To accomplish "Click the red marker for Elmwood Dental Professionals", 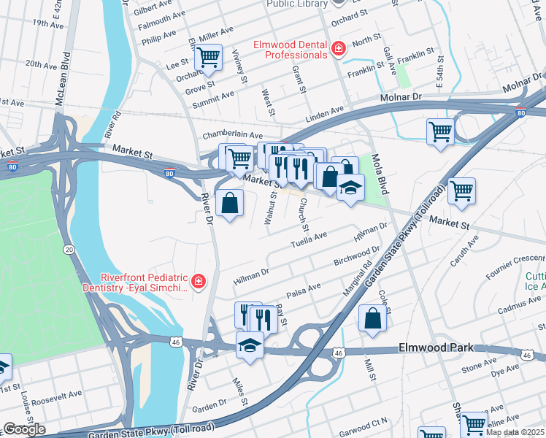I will click(338, 49).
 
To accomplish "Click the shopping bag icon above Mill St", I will click(372, 318).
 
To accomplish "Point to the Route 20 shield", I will click(69, 250).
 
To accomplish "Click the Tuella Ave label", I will click(309, 240).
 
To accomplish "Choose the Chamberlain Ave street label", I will click(232, 135).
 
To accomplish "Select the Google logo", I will click(23, 429).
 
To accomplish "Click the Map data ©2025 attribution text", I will click(515, 432).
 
